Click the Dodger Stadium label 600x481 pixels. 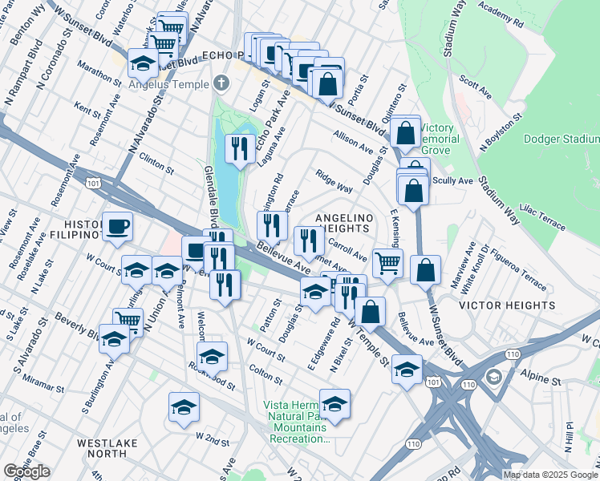(561, 139)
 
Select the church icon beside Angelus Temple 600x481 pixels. (221, 83)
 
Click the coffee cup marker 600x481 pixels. (117, 227)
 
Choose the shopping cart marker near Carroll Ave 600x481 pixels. (387, 261)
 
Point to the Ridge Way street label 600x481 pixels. (334, 181)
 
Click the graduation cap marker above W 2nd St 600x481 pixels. (184, 407)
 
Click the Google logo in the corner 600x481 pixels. (26, 471)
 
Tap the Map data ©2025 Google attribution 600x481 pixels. (550, 475)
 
